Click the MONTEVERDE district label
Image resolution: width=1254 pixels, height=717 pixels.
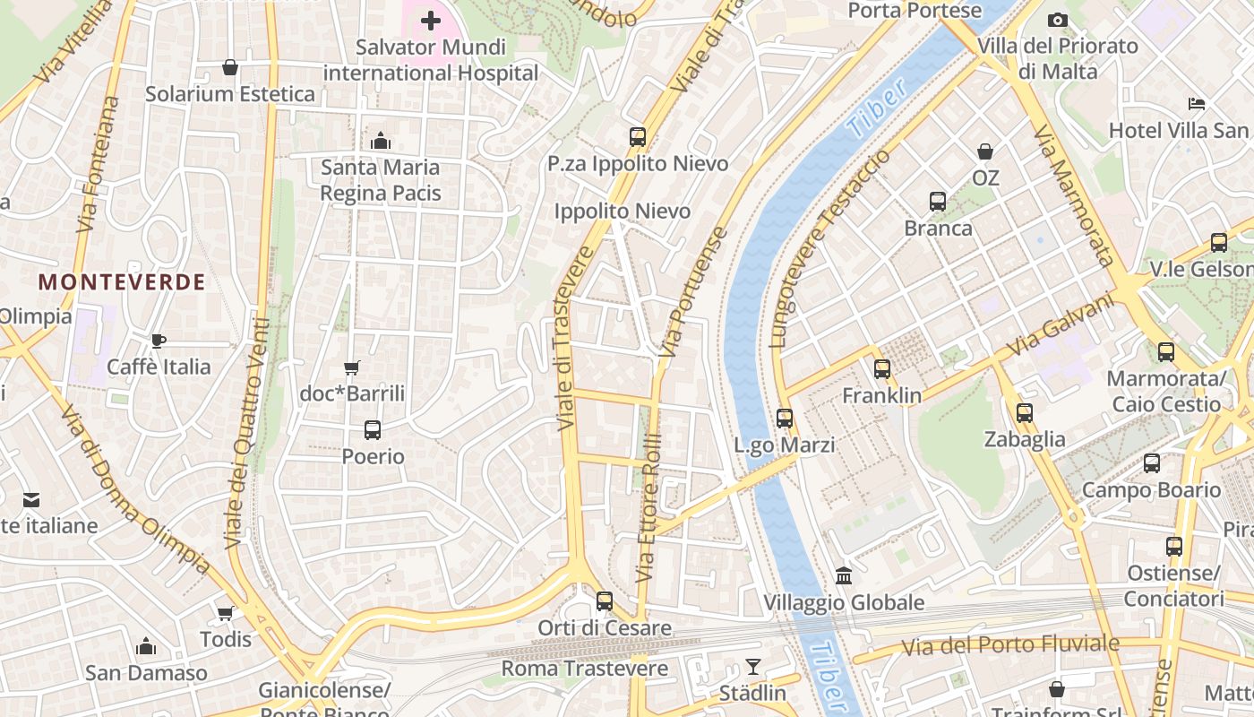(x=122, y=282)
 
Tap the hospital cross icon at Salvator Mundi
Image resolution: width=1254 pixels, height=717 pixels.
(x=431, y=20)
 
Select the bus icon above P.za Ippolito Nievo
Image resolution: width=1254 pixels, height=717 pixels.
(x=638, y=137)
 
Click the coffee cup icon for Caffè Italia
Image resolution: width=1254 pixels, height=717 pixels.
(x=159, y=341)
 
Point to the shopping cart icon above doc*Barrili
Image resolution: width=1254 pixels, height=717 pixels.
(x=352, y=367)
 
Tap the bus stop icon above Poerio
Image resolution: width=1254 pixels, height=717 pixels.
(x=373, y=430)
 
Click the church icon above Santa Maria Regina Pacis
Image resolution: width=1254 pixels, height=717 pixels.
(x=381, y=141)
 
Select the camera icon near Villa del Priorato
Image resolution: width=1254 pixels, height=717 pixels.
(x=1058, y=20)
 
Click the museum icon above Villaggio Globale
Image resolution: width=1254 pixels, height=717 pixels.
(x=844, y=574)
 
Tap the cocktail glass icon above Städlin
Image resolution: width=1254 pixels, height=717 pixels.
(x=752, y=667)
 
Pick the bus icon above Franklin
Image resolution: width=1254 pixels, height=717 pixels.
(x=882, y=368)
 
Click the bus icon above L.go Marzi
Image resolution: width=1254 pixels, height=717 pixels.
(x=785, y=418)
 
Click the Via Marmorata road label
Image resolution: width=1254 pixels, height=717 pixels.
(x=1072, y=195)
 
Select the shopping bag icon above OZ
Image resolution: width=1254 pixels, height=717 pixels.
(x=985, y=151)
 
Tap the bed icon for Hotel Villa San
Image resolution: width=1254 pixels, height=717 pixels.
(x=1197, y=104)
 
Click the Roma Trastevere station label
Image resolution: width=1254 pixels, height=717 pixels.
(x=584, y=669)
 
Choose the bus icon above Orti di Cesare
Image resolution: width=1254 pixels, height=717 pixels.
(x=605, y=600)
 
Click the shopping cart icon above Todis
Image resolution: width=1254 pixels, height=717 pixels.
(x=226, y=613)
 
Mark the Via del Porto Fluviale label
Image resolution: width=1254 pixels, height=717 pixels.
(x=1010, y=644)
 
